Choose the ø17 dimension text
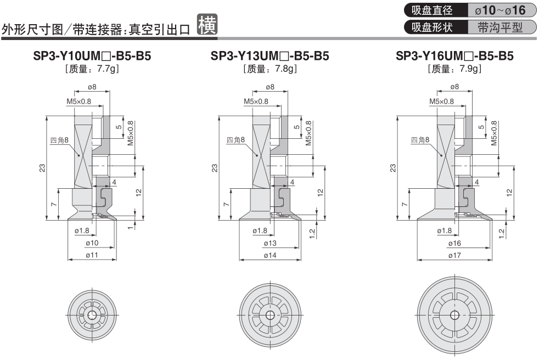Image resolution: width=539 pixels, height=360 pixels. point(456,255)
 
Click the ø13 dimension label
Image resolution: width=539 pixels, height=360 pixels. point(271,243)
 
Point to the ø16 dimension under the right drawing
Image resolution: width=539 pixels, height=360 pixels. point(456,243)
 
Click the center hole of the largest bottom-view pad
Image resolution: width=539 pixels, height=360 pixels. point(454,316)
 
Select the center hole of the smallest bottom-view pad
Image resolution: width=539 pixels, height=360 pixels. point(92,316)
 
